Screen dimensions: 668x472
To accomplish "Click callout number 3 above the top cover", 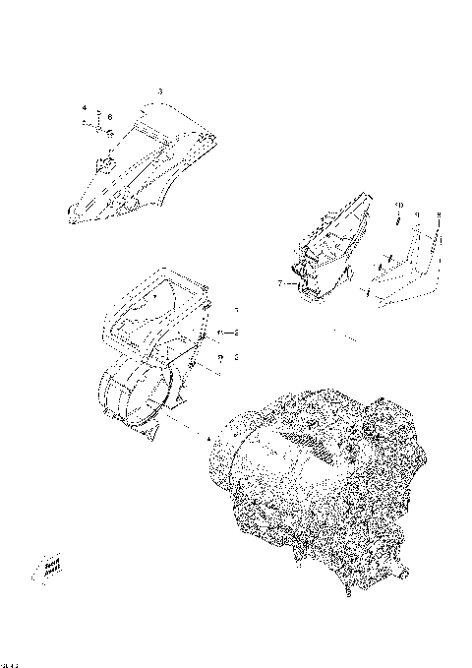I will click(x=159, y=91).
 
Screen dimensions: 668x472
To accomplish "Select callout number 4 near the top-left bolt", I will click(x=85, y=106).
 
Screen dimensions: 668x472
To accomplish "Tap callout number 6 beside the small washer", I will click(x=110, y=117).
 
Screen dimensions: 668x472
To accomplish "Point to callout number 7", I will click(x=280, y=282).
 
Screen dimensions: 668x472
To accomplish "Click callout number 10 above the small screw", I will click(x=397, y=204).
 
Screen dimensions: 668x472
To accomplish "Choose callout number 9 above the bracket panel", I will click(x=417, y=213).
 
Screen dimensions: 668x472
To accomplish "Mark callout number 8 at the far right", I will click(x=439, y=213).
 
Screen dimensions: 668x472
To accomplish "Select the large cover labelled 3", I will click(x=147, y=167).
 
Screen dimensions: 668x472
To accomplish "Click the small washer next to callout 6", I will click(x=111, y=130).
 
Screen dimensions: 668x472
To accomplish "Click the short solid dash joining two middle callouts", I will click(x=230, y=332).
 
